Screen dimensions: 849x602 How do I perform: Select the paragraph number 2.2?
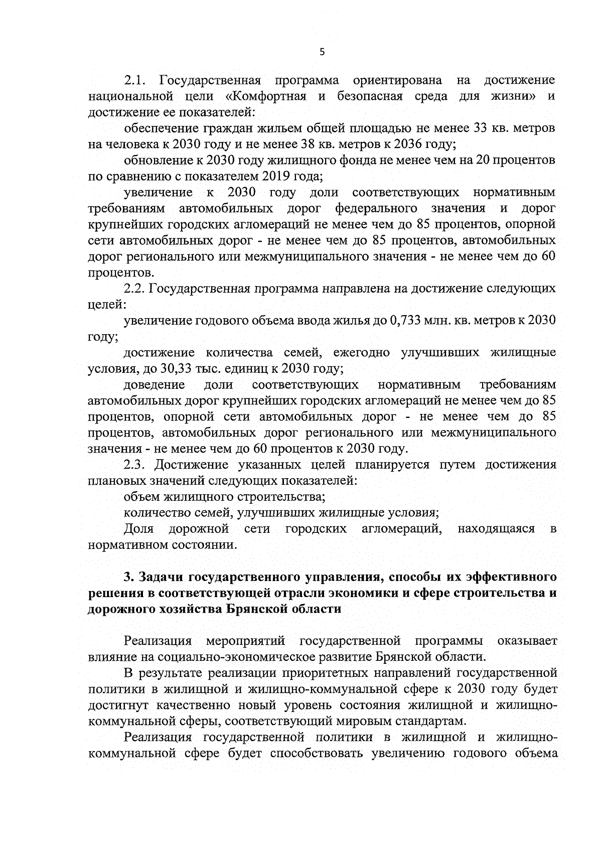[134, 289]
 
